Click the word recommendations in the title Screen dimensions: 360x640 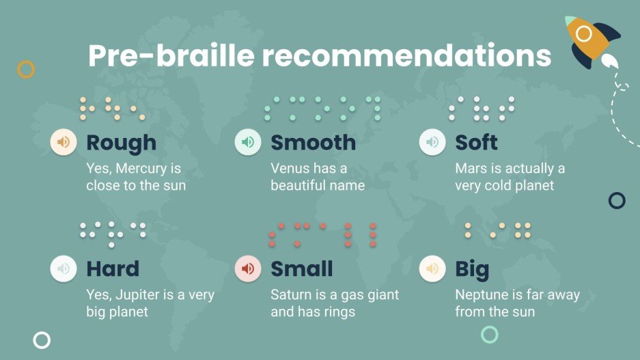408,56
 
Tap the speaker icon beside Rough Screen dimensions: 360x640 64,142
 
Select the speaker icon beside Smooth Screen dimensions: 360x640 248,142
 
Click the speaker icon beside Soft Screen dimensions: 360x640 432,142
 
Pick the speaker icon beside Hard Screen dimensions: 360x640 64,268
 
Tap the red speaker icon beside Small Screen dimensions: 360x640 248,268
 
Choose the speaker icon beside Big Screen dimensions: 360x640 432,268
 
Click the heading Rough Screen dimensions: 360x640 121,143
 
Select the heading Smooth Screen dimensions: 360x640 313,143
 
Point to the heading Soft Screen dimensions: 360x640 476,143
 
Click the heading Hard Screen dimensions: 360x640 113,269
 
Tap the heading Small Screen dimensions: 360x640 301,269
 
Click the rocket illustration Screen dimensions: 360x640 592,42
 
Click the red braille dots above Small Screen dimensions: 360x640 322,234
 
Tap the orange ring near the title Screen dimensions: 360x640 25,69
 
